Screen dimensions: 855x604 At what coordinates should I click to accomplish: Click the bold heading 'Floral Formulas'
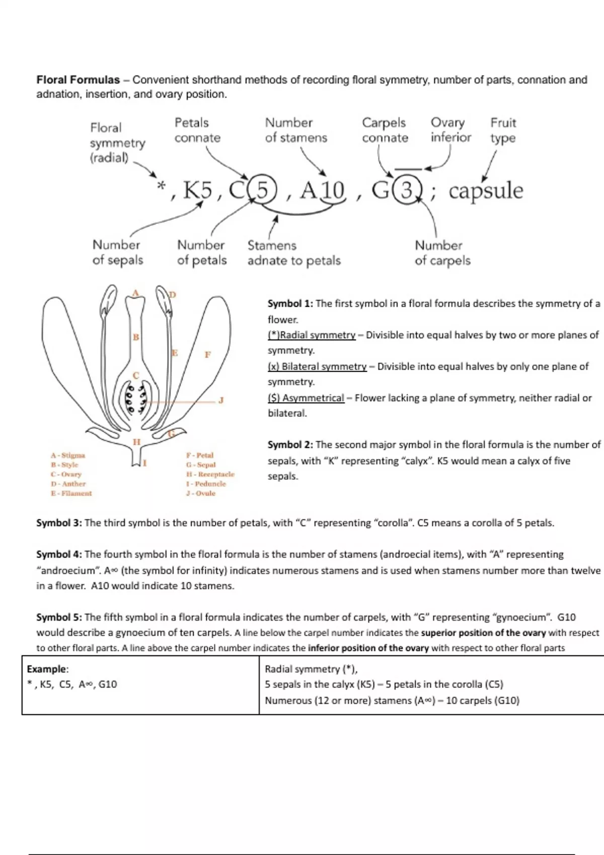coord(78,80)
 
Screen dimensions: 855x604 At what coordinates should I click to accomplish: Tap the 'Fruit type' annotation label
coord(503,130)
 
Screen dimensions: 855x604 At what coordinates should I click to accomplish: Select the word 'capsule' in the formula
coord(486,191)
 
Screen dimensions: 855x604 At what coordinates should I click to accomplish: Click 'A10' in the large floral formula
coord(322,191)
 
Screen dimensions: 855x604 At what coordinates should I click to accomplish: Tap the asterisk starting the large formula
coord(161,186)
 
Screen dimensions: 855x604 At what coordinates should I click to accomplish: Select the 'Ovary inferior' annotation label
coord(450,130)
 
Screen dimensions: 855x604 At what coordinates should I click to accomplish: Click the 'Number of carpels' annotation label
coord(442,253)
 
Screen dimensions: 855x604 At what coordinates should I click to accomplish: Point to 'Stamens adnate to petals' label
coord(293,253)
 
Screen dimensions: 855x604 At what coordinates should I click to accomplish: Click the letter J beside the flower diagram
coord(220,400)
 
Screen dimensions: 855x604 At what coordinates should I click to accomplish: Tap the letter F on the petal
coord(207,355)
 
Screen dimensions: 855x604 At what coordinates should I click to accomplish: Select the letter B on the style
coord(135,337)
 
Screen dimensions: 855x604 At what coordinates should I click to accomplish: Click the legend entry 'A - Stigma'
coord(68,455)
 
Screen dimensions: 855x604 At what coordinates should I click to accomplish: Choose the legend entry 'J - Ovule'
coord(200,493)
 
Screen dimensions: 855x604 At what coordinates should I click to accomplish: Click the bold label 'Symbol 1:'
coord(290,304)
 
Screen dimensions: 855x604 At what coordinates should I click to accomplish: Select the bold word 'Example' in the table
coord(47,669)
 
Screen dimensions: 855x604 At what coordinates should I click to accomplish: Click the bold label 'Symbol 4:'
coord(59,555)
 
